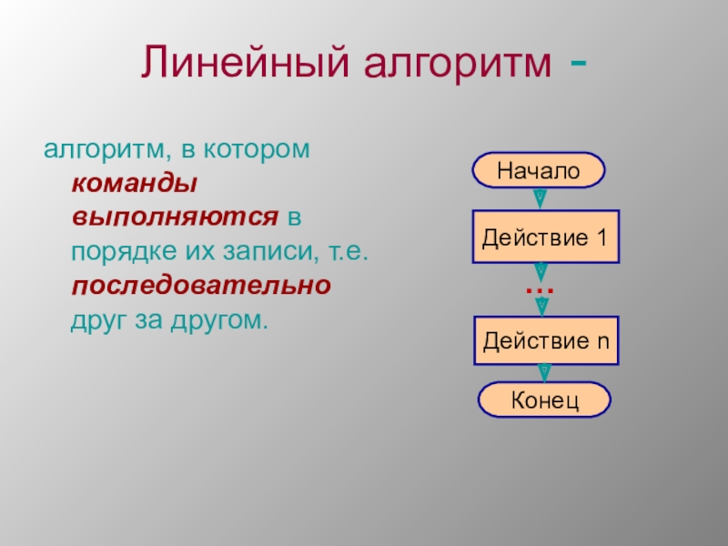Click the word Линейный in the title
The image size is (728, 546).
(x=245, y=61)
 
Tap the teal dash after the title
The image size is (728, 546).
(x=578, y=62)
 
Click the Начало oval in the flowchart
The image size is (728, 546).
(x=539, y=170)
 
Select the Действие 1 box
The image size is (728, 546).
(x=545, y=237)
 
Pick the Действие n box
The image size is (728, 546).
(x=546, y=340)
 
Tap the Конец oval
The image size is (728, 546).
(x=544, y=399)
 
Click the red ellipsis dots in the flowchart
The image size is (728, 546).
(x=540, y=291)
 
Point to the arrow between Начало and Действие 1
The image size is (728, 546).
(x=540, y=198)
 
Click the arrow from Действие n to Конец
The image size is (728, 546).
(x=544, y=373)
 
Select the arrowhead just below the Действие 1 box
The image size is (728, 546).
(x=541, y=272)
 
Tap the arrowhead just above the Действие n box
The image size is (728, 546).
(x=541, y=307)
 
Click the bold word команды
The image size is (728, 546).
(x=135, y=184)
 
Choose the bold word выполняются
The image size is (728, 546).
(x=175, y=217)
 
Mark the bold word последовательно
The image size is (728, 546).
(x=201, y=285)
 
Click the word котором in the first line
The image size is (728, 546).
(x=257, y=149)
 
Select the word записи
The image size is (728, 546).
(x=271, y=251)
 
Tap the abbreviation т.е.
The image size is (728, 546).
(x=349, y=252)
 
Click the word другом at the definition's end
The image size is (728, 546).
(x=219, y=320)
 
